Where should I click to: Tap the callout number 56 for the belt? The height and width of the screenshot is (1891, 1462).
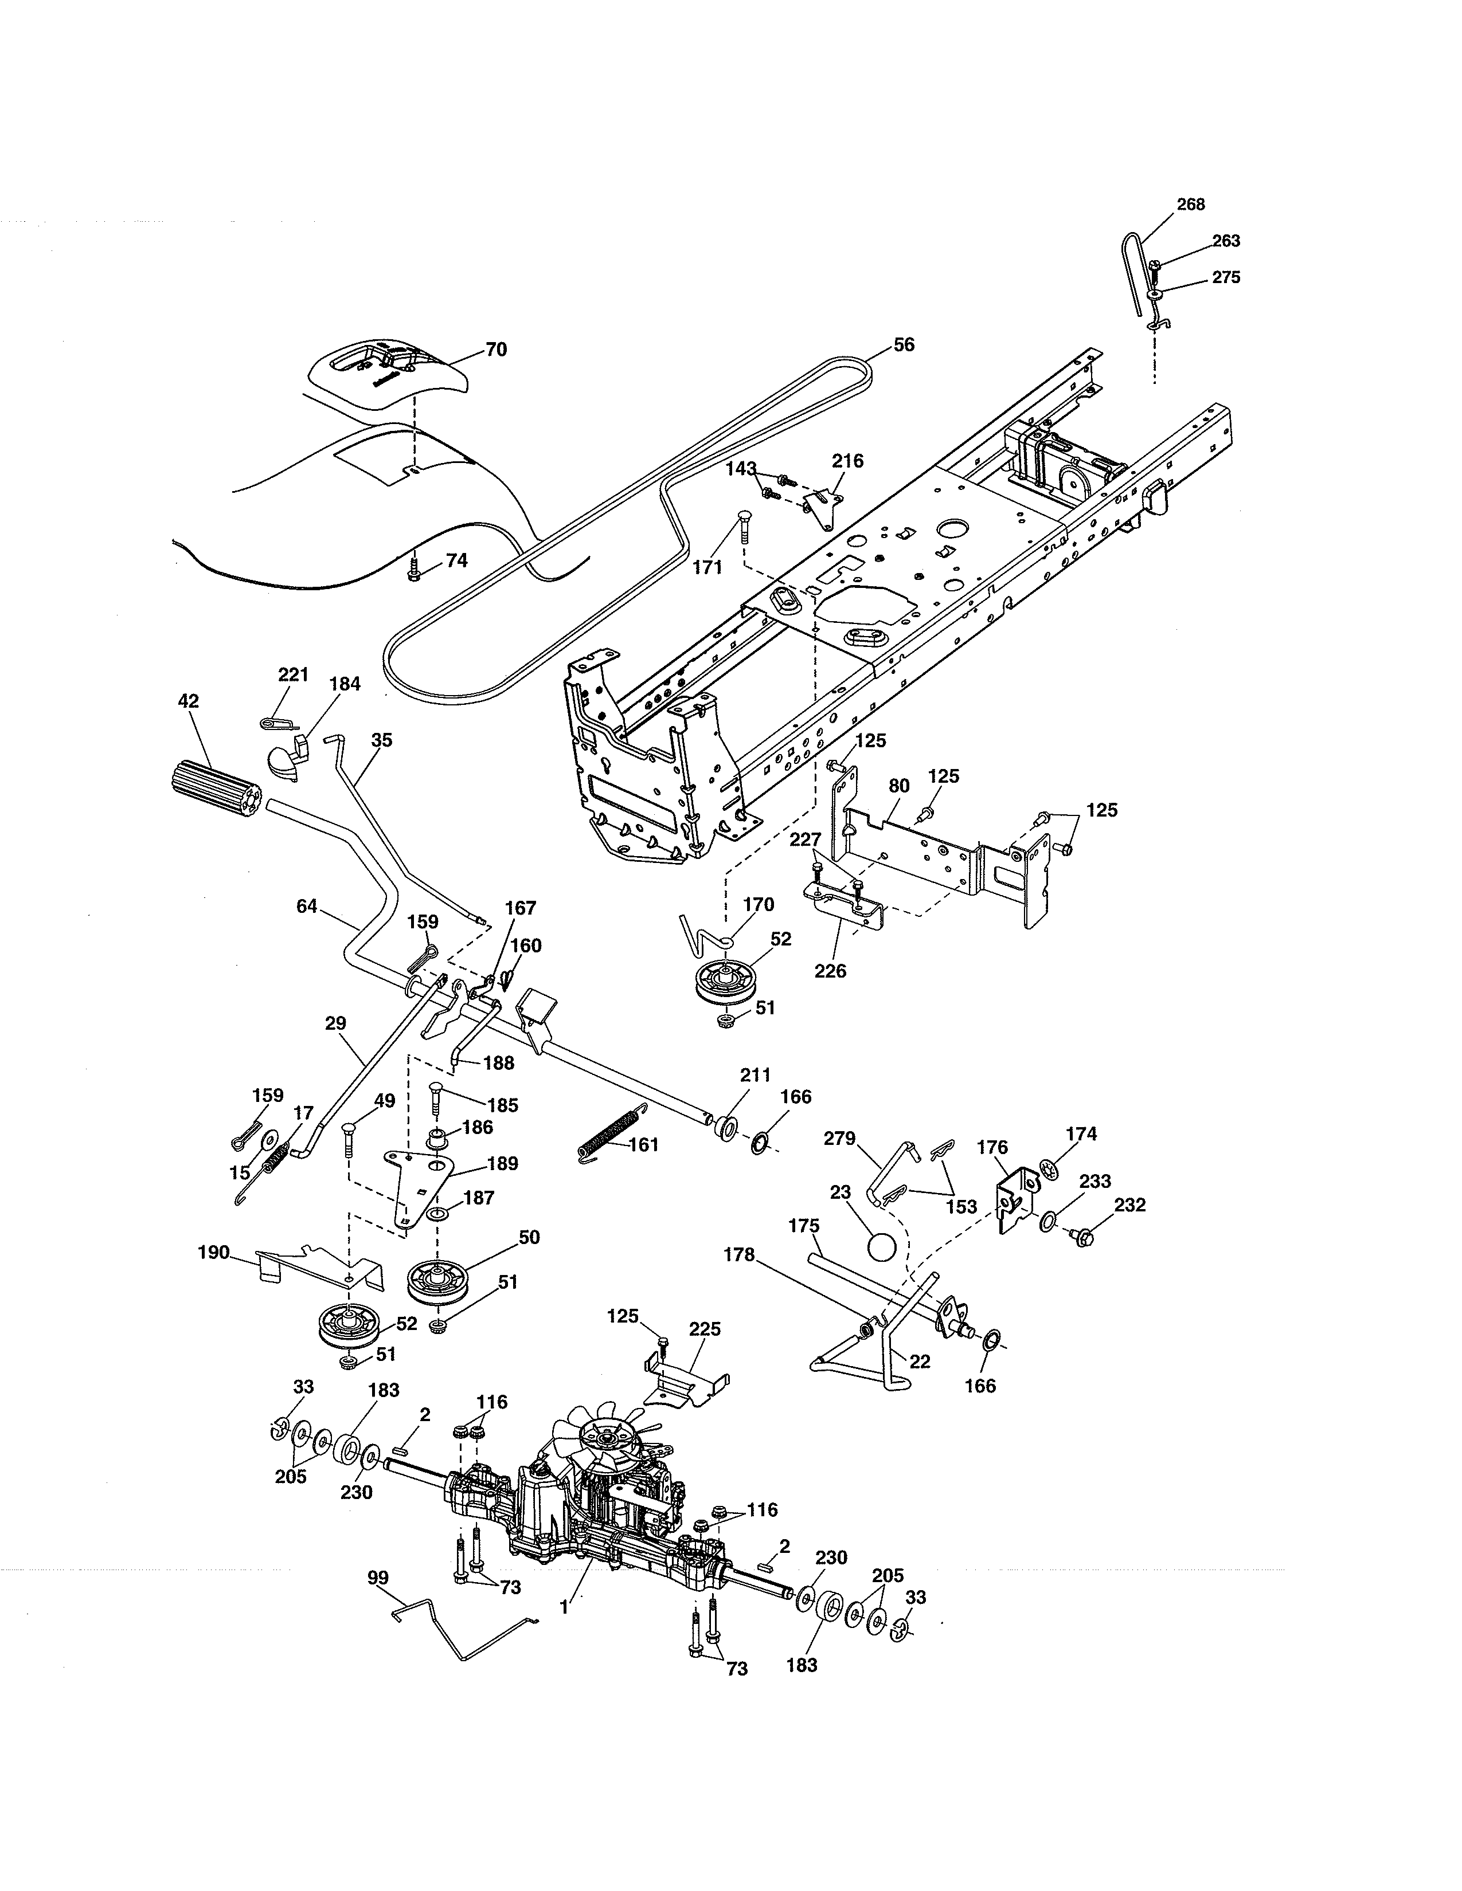pos(904,344)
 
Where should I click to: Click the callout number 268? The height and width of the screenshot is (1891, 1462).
pos(1190,205)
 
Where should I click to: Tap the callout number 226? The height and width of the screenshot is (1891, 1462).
pos(830,971)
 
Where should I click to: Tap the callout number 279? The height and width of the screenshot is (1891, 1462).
pos(839,1139)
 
